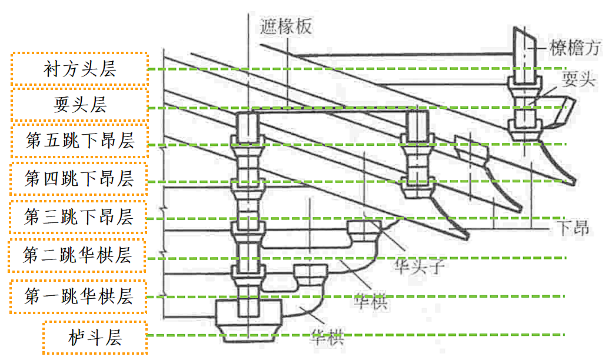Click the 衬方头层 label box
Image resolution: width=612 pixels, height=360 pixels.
(79, 69)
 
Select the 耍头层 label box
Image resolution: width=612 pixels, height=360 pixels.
(79, 105)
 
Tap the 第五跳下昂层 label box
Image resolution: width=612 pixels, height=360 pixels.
(79, 141)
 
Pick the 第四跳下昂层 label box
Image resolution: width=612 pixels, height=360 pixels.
(79, 178)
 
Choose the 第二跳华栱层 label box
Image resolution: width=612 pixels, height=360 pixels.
(77, 256)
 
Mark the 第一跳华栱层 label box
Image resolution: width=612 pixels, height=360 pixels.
(78, 296)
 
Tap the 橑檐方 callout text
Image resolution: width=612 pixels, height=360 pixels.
(575, 48)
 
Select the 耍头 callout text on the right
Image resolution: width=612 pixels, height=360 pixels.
(578, 79)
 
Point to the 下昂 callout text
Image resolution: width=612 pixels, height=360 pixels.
(573, 228)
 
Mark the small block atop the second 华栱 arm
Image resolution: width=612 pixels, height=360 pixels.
(365, 229)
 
